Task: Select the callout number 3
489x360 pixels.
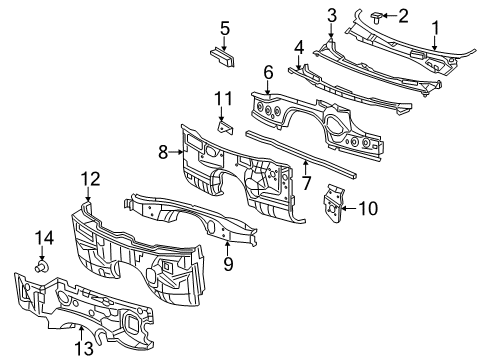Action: (331, 14)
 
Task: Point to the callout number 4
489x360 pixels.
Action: (298, 46)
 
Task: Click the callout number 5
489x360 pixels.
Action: (225, 27)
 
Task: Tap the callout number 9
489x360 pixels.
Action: (227, 265)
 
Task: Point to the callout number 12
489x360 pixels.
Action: (90, 178)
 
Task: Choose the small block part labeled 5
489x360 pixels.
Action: (221, 57)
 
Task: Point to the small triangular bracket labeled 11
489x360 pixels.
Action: (225, 127)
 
